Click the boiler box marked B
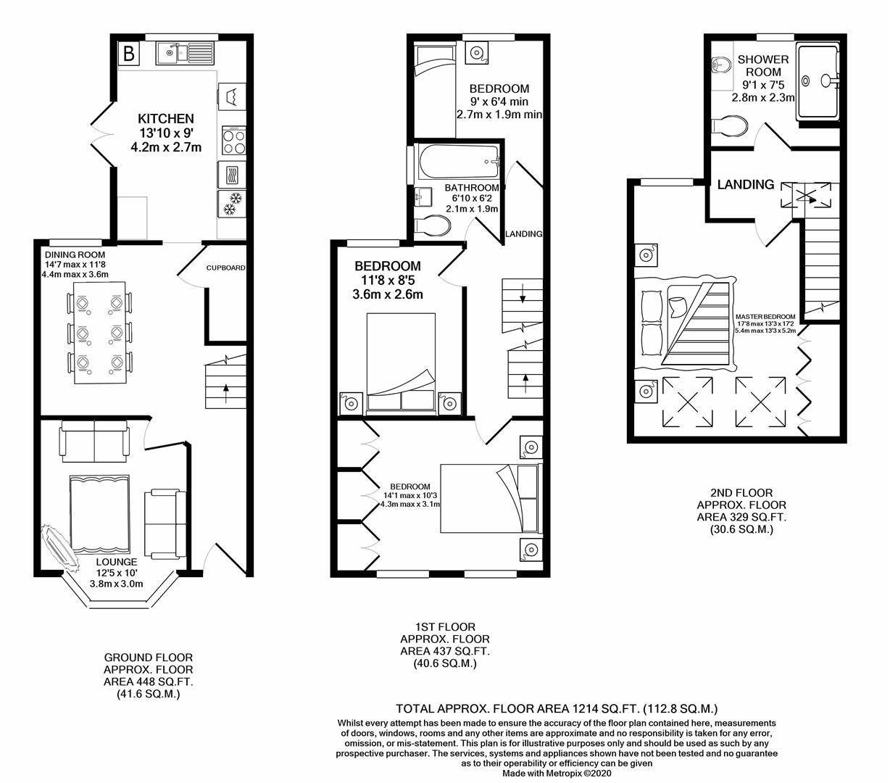pyautogui.click(x=129, y=53)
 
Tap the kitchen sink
pyautogui.click(x=185, y=52)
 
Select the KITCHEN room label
pyautogui.click(x=166, y=118)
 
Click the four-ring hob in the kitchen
pyautogui.click(x=233, y=140)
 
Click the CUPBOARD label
pyautogui.click(x=225, y=268)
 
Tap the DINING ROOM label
pyautogui.click(x=75, y=255)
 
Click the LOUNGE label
pyautogui.click(x=116, y=562)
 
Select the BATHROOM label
pyautogui.click(x=472, y=188)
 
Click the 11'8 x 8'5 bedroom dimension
pyautogui.click(x=387, y=280)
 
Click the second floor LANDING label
pyautogui.click(x=745, y=185)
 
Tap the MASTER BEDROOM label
pyautogui.click(x=765, y=317)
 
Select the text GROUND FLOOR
pyautogui.click(x=148, y=658)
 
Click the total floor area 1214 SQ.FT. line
pyautogui.click(x=556, y=708)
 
